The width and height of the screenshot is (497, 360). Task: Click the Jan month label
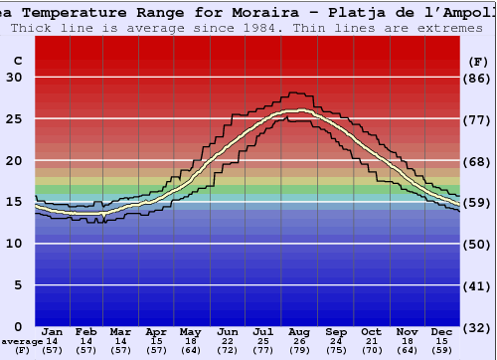pos(53,331)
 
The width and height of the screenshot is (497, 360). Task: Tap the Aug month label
pos(300,331)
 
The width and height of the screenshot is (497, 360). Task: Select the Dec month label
pos(442,331)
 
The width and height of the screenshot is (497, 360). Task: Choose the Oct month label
pos(371,331)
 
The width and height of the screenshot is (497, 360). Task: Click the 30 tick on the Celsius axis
pos(14,78)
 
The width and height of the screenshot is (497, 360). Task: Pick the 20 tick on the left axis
pos(14,161)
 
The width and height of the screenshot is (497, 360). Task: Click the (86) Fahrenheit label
pos(478,78)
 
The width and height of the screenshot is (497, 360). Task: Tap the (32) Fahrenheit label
pos(478,327)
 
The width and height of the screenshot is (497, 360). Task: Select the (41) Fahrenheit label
pos(478,285)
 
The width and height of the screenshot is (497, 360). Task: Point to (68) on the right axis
pos(478,161)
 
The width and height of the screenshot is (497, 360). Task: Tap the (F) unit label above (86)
pos(477,61)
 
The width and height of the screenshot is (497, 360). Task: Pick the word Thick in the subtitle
pos(35,27)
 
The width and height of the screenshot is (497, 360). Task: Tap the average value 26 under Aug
pos(300,341)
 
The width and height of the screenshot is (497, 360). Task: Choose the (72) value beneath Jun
pos(229,350)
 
